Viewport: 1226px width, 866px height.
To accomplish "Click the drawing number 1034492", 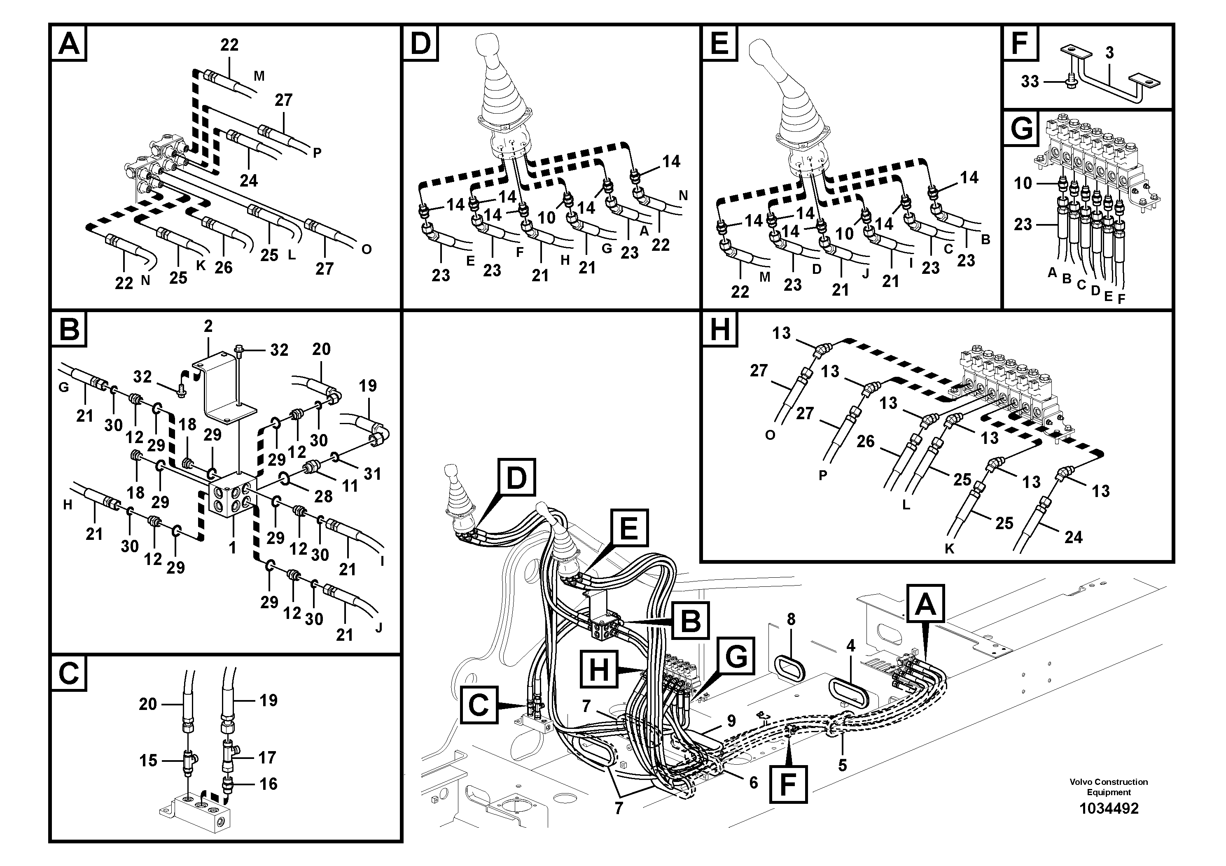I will [x=1109, y=808].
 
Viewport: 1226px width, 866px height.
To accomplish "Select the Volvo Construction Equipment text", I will [x=1109, y=787].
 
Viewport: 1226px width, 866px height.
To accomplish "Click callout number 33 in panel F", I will [x=1030, y=82].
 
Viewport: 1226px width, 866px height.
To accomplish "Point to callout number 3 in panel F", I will [x=1109, y=53].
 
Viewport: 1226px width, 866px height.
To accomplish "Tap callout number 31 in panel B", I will [x=372, y=473].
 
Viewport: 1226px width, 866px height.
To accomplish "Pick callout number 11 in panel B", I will [x=350, y=486].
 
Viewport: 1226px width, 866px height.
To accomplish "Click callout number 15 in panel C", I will [x=148, y=760].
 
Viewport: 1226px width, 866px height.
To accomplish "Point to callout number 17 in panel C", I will [x=267, y=757].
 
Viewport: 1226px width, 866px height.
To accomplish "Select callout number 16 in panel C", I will [x=268, y=784].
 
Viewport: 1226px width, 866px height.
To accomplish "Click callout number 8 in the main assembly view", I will [x=791, y=619].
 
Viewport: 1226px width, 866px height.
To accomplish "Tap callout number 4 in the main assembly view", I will [x=850, y=646].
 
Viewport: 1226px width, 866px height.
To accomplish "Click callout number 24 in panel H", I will [x=1073, y=537].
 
